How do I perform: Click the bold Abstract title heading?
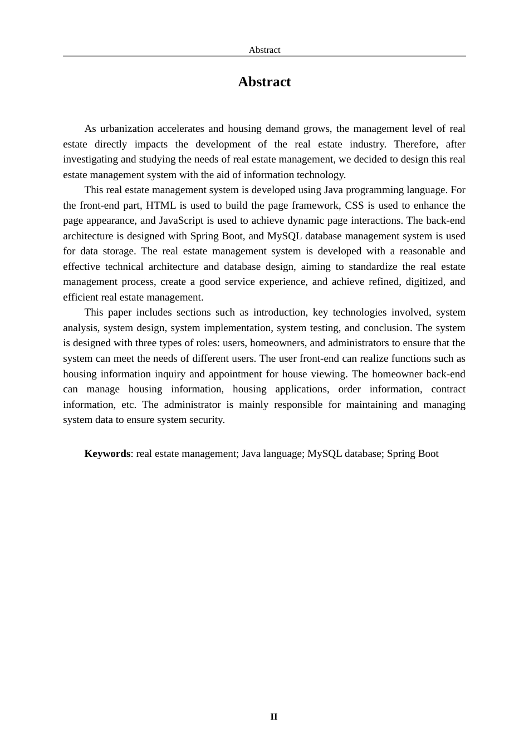tap(264, 82)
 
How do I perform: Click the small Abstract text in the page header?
tap(264, 50)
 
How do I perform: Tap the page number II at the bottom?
tap(273, 717)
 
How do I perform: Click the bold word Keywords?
tap(107, 454)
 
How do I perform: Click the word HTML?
tap(161, 205)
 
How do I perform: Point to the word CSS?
tap(354, 205)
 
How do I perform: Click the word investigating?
tap(90, 159)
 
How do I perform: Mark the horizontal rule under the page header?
tap(264, 56)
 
